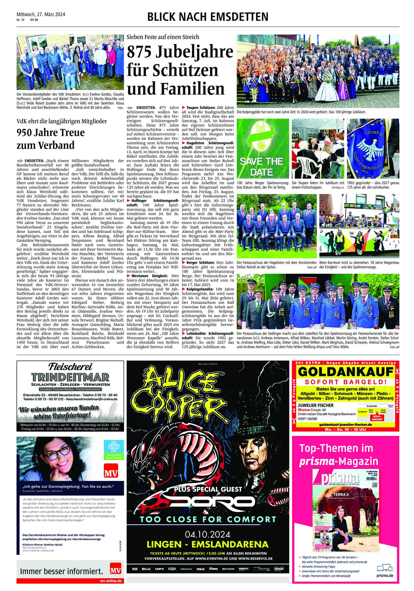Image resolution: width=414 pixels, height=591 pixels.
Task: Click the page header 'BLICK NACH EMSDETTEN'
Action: tap(208, 17)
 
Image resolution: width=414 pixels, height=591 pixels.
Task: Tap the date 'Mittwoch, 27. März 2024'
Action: tap(41, 14)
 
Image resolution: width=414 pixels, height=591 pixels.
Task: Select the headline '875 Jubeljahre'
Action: tap(180, 52)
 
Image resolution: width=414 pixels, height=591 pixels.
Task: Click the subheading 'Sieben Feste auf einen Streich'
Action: tap(163, 37)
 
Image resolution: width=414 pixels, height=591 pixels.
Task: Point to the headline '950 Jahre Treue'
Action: tap(50, 132)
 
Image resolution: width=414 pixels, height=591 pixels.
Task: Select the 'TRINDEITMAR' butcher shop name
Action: tap(70, 377)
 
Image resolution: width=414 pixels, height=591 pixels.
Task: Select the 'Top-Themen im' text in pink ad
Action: tap(336, 448)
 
